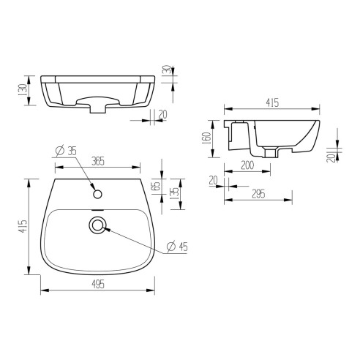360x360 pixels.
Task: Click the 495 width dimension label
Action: click(97, 284)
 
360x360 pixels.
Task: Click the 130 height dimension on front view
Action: click(24, 89)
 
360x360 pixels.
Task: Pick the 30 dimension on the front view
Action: click(168, 70)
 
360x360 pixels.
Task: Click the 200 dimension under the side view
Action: click(248, 166)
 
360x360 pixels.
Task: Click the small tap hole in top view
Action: click(97, 195)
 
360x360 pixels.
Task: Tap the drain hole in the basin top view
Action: click(97, 225)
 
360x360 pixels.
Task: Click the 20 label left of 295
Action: click(214, 179)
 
